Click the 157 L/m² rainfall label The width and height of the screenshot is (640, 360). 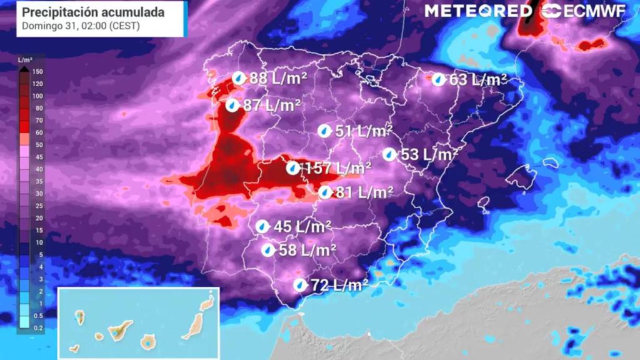336,168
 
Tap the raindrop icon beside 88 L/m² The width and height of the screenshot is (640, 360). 239,78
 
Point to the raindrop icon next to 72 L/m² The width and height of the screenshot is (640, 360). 301,285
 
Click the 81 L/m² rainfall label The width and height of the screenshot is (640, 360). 364,192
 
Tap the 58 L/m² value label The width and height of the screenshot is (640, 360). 307,250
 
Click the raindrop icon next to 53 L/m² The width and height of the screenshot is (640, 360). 390,154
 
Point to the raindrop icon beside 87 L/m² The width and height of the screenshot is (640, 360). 232,106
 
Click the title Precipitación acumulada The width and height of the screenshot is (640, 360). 94,12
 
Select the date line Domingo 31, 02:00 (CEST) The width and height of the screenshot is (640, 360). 81,26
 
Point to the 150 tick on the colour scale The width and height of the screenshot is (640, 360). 37,71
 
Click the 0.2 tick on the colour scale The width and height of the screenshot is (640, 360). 37,327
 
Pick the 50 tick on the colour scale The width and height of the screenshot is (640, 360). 37,144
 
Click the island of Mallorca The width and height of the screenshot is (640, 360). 520,177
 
